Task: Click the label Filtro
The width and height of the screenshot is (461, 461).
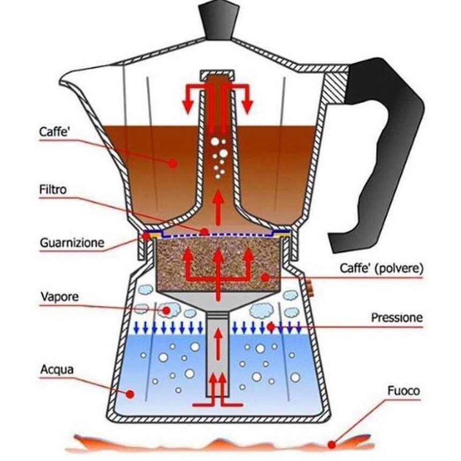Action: (53, 189)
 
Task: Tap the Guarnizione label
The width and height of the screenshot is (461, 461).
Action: (72, 243)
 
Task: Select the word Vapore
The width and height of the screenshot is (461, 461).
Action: (60, 296)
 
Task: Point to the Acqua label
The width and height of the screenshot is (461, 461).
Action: (57, 370)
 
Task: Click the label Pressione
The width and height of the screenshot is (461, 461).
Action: (397, 318)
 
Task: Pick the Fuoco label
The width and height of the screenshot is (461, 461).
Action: (404, 391)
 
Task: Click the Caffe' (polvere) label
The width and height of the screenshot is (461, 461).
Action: (382, 268)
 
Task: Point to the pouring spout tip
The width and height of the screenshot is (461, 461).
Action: (61, 79)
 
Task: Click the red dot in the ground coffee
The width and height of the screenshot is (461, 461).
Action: (265, 277)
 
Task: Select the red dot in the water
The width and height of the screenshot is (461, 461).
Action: (130, 393)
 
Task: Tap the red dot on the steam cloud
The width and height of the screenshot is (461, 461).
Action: (167, 310)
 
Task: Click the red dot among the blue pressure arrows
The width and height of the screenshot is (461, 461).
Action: (271, 326)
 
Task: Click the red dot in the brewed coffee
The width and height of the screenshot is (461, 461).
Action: (173, 163)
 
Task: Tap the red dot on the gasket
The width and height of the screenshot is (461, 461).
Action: (146, 236)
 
